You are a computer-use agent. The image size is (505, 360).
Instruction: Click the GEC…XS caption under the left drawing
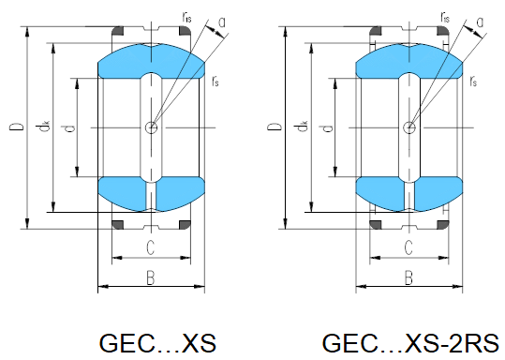(x=157, y=343)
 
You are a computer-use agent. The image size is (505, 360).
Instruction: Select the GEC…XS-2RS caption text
(x=410, y=343)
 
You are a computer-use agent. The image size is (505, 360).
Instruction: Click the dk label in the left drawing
(x=43, y=126)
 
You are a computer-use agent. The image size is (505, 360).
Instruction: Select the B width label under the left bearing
(x=151, y=277)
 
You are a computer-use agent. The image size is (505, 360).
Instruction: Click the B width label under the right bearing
(x=408, y=277)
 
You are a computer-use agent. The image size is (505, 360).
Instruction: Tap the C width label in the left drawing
(x=150, y=247)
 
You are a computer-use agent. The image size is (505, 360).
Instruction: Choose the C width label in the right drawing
(x=408, y=247)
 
